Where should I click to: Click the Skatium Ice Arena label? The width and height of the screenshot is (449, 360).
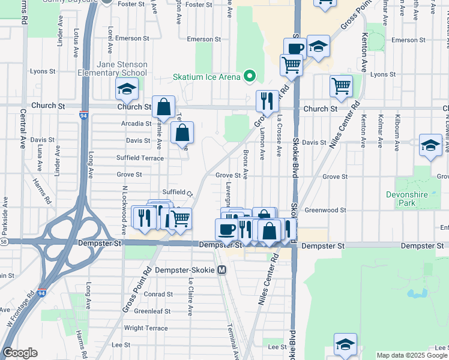point(206,77)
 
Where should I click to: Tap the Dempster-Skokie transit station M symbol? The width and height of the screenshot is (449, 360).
point(221,270)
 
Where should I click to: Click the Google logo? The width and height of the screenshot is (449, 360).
point(19,353)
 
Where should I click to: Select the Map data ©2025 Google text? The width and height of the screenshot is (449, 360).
point(412,355)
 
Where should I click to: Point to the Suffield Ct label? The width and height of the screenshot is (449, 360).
point(176,193)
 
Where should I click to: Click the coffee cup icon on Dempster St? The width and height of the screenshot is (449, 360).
point(227,229)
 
